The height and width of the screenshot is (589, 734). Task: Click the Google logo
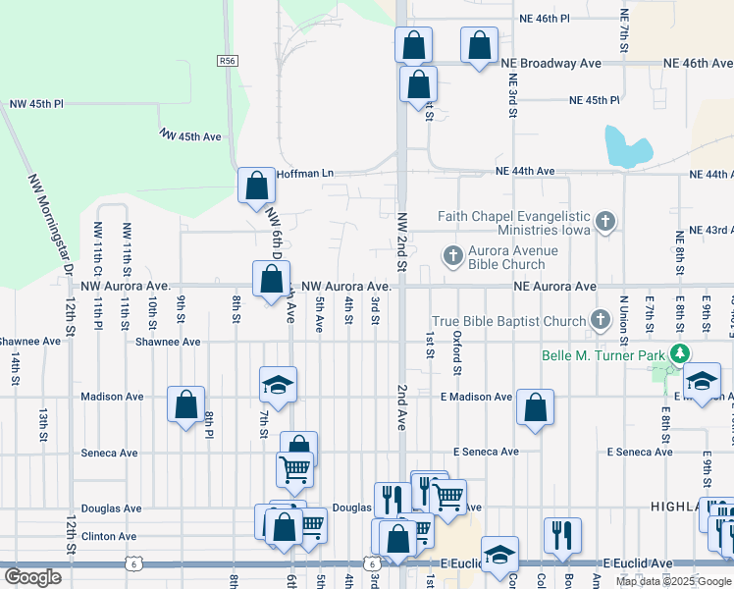point(33,577)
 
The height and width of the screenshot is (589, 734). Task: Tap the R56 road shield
point(227,61)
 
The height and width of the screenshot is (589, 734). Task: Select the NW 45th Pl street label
point(36,103)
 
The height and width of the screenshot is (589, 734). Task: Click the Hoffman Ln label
point(305,174)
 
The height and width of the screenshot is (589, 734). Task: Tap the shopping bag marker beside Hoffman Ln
point(256,185)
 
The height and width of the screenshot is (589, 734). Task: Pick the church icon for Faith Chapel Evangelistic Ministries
point(605,221)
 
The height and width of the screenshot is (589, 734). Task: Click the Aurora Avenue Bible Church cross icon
point(452,256)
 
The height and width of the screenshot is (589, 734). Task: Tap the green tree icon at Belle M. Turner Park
point(677,354)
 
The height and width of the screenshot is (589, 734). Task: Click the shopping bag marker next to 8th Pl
point(185,403)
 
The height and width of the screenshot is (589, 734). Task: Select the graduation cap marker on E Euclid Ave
point(499,554)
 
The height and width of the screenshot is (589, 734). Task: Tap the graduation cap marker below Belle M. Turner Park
point(702,380)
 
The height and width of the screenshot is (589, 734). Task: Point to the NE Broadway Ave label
point(550,63)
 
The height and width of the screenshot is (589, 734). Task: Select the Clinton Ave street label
point(110,537)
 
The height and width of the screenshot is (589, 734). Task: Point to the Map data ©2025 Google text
point(674,581)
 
